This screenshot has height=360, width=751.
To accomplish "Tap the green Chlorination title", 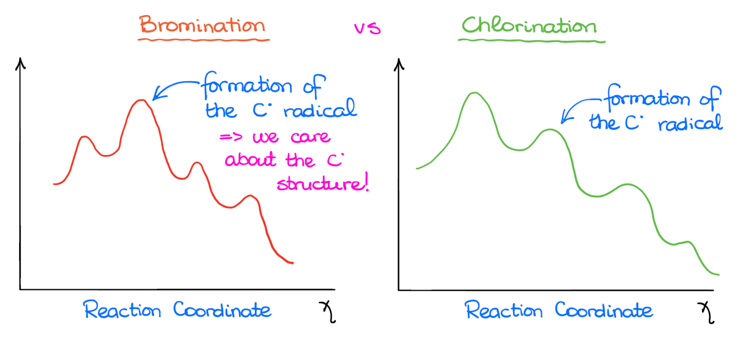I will tap(529, 25).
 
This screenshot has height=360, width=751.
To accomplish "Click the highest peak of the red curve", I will tap(141, 100).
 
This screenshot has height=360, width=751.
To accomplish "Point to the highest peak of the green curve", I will tap(473, 92).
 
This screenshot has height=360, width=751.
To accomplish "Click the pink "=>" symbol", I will tap(228, 137).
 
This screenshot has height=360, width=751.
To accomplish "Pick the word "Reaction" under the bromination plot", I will tap(122, 310).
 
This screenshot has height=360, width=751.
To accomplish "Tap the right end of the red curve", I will tap(292, 263).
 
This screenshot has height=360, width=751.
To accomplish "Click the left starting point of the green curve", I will tap(418, 168).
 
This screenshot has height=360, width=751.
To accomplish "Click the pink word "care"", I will tap(310, 137).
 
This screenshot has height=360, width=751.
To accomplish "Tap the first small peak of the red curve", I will tap(85, 137).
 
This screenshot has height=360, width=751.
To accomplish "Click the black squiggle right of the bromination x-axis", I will tap(327, 312).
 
